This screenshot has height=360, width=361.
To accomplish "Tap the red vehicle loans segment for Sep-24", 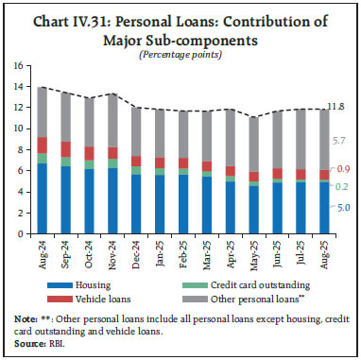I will point(66,148).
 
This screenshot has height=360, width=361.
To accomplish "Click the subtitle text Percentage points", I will point(180,53).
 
